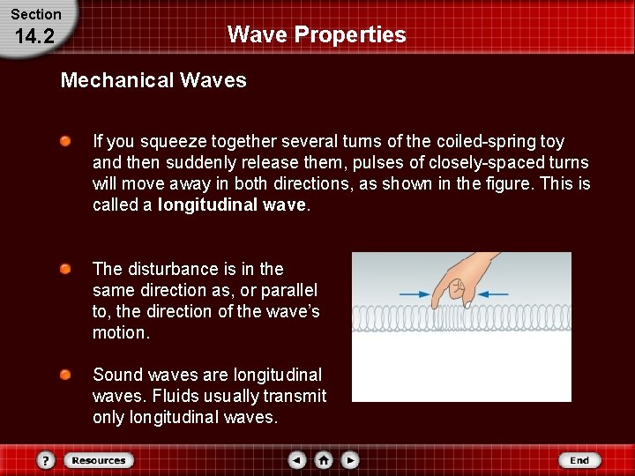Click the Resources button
pos(99,460)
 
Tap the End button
pos(579,460)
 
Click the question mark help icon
pos(47,460)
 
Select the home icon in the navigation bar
pos(324,460)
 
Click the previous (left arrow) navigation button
pos(297,460)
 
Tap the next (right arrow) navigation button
pos(350,460)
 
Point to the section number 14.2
pos(35,37)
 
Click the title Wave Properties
pos(317,34)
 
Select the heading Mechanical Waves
pos(153,80)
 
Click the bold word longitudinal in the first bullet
pos(209,205)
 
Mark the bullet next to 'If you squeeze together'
pos(66,141)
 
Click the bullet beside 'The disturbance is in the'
pos(66,269)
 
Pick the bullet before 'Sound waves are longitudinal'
pos(66,375)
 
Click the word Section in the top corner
pos(36,14)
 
